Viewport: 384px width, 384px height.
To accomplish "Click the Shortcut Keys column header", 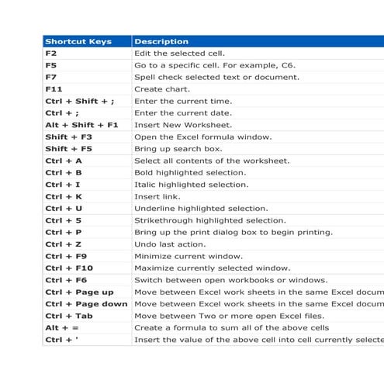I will coord(78,42).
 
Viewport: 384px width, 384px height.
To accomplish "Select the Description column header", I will coord(161,42).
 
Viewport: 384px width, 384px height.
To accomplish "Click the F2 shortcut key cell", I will coord(51,54).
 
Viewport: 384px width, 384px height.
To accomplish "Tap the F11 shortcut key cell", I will coord(54,89).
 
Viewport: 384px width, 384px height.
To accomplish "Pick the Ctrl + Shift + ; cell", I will coord(79,101).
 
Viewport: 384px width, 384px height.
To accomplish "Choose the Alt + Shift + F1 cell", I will coord(81,125).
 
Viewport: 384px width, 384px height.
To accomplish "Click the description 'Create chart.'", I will coord(162,89).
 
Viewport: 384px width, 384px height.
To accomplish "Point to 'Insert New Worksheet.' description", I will coord(183,125).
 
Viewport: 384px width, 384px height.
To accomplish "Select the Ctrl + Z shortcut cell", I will coord(64,244).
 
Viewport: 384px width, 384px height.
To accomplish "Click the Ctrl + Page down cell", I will coord(86,303).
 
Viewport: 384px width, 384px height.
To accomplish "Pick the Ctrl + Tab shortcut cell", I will coord(69,316).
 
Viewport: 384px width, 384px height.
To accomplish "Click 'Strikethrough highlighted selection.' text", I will coord(210,220).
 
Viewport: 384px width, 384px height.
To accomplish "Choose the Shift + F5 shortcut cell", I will coord(68,149).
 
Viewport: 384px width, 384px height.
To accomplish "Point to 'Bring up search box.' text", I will coord(178,149).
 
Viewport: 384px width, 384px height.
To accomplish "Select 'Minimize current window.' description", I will coord(189,256).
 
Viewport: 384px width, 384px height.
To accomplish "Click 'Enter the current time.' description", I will coord(183,101).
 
